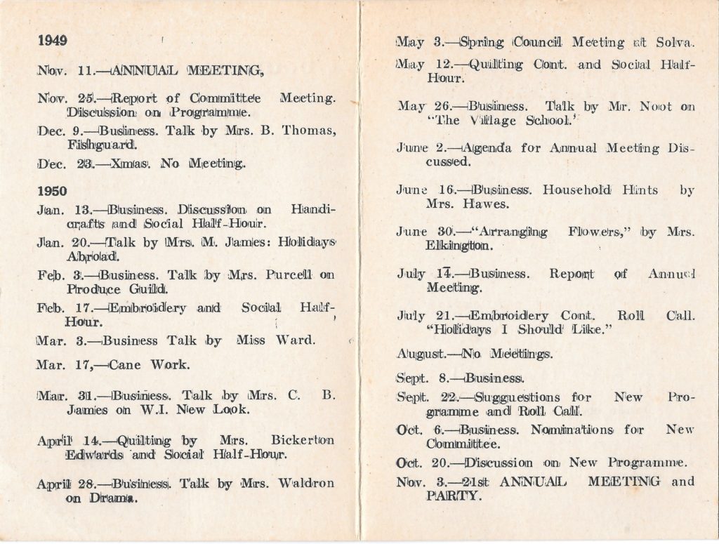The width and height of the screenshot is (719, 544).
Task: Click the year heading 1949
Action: pyautogui.click(x=53, y=40)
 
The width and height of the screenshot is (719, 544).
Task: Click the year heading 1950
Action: pyautogui.click(x=53, y=190)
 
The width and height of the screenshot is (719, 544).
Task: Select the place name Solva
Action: pyautogui.click(x=675, y=43)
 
